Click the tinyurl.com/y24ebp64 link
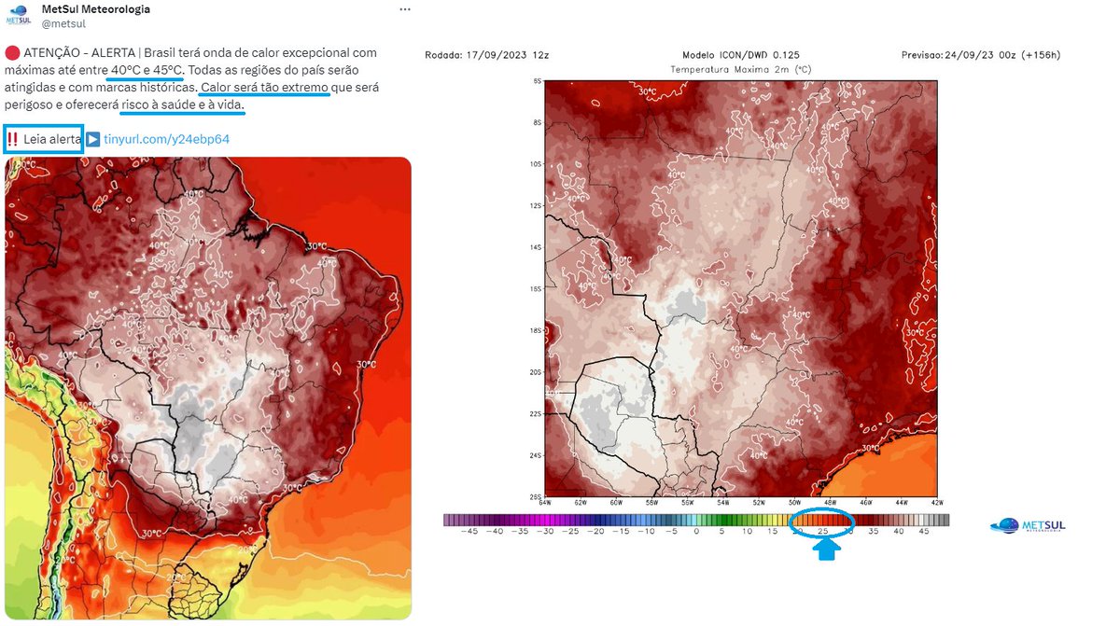click(166, 139)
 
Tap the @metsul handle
click(63, 24)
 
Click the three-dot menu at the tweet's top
click(403, 9)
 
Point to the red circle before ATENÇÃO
click(11, 53)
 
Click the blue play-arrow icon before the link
click(93, 139)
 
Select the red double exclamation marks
click(13, 139)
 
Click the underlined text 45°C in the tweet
click(169, 70)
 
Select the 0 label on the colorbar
click(696, 532)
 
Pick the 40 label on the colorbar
click(897, 532)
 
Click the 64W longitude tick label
click(545, 503)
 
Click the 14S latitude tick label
click(536, 247)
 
